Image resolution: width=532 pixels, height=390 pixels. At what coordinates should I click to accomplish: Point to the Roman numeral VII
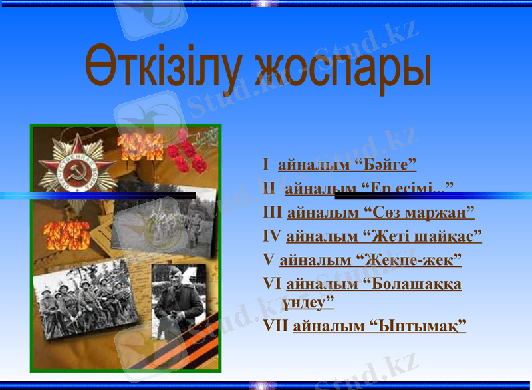[x=276, y=326]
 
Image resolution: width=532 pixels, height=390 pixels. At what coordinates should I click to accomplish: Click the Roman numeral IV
[x=273, y=236]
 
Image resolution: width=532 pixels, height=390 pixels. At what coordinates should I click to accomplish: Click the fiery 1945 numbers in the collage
[x=66, y=236]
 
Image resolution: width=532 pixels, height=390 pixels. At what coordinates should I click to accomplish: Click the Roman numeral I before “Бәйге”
[x=266, y=164]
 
